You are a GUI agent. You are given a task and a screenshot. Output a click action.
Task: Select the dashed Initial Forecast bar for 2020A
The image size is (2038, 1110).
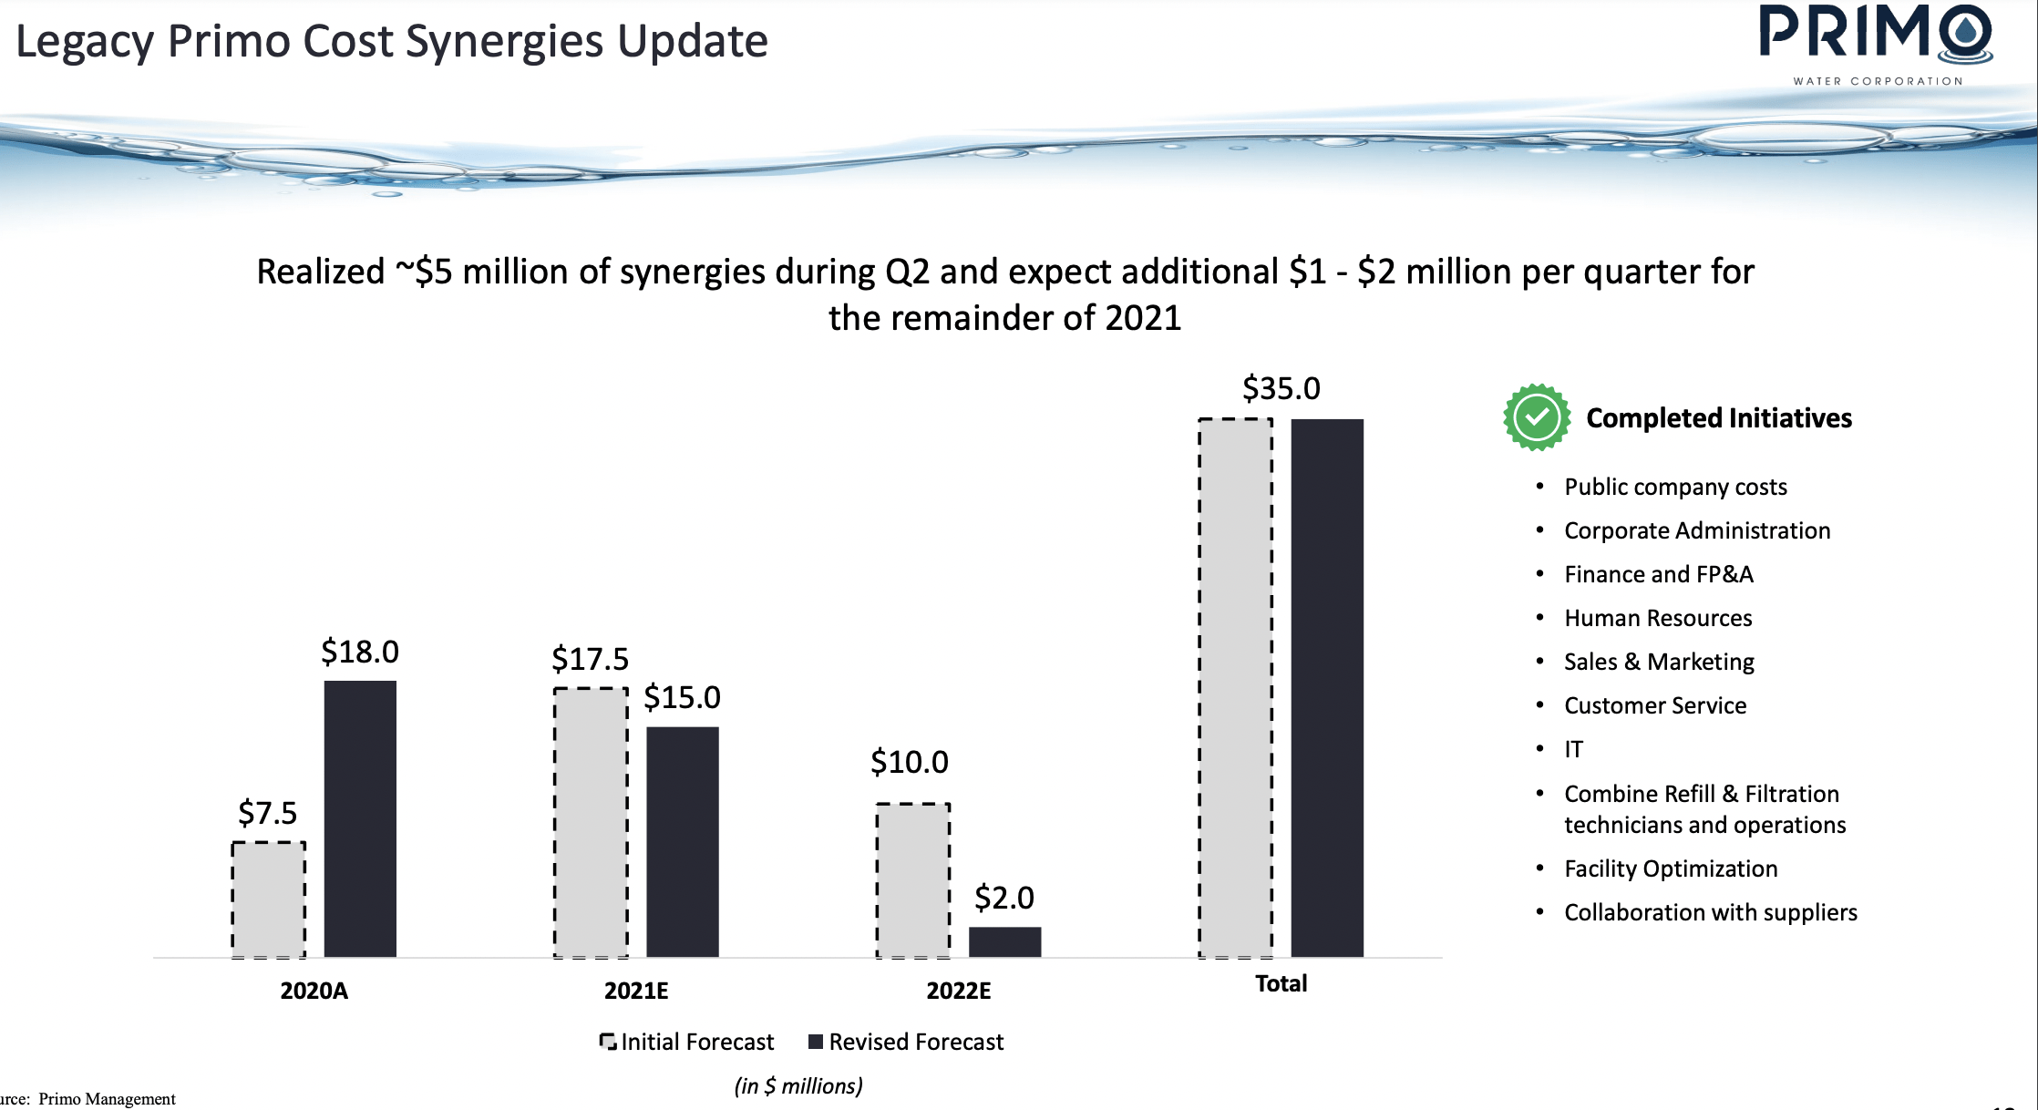point(268,899)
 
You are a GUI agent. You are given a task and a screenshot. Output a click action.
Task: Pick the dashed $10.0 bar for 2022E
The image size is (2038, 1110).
point(912,880)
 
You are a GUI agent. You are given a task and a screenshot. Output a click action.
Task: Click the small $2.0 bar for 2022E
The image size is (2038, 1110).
point(1004,941)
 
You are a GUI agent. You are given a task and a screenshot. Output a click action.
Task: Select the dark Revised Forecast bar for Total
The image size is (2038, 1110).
point(1327,687)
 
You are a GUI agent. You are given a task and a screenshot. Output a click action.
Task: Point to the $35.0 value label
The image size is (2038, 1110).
point(1281,388)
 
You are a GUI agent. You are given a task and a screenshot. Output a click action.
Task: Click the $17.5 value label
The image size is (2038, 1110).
point(590,658)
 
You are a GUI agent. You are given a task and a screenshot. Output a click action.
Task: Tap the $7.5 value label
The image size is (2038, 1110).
point(267,812)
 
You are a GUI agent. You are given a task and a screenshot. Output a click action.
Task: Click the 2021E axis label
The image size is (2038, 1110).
point(636,991)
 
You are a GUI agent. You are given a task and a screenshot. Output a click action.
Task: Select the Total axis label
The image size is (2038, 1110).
point(1281,983)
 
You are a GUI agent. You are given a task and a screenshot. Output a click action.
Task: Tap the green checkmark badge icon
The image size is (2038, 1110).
point(1537,417)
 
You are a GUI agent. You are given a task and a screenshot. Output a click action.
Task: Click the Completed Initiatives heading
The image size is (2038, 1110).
point(1718,417)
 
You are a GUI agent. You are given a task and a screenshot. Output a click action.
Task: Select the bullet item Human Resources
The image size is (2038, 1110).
point(1657,618)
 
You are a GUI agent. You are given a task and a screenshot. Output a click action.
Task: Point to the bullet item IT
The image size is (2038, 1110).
point(1573,749)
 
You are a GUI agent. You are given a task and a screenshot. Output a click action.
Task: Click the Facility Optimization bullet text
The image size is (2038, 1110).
point(1670,868)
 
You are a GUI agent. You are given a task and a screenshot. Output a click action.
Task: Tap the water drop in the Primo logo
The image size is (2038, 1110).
point(1966,33)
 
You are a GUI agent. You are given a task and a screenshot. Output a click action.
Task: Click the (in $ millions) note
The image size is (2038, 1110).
point(798,1085)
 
